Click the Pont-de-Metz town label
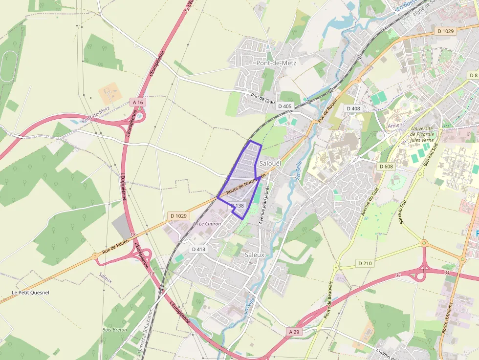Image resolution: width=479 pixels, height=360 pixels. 276,63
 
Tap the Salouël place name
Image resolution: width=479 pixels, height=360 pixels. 271,163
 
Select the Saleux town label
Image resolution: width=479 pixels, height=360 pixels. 254,254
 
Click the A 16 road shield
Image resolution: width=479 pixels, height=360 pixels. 138,102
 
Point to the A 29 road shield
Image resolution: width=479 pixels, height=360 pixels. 293,332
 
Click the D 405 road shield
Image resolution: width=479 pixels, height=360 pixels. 284,106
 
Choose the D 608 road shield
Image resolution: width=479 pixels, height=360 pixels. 386,167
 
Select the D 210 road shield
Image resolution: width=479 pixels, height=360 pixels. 365,263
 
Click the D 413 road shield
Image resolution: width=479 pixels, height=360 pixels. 199,249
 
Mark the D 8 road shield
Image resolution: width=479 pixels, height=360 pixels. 473,75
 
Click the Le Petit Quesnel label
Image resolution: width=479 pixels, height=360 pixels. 30,293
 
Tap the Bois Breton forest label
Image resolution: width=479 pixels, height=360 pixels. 115,330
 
